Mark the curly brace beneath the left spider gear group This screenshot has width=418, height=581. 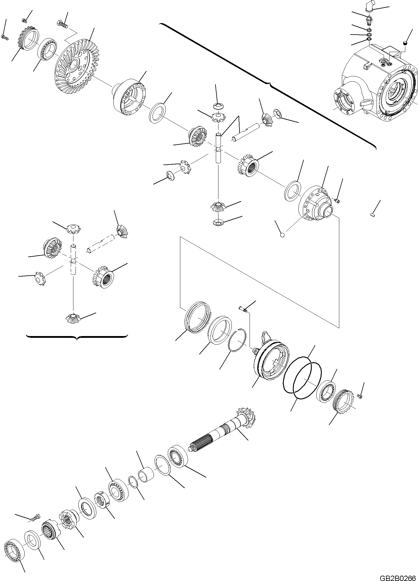77,337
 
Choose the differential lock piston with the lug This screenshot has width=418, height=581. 271,359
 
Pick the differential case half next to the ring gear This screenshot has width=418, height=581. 129,96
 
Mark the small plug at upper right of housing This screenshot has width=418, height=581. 405,44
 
